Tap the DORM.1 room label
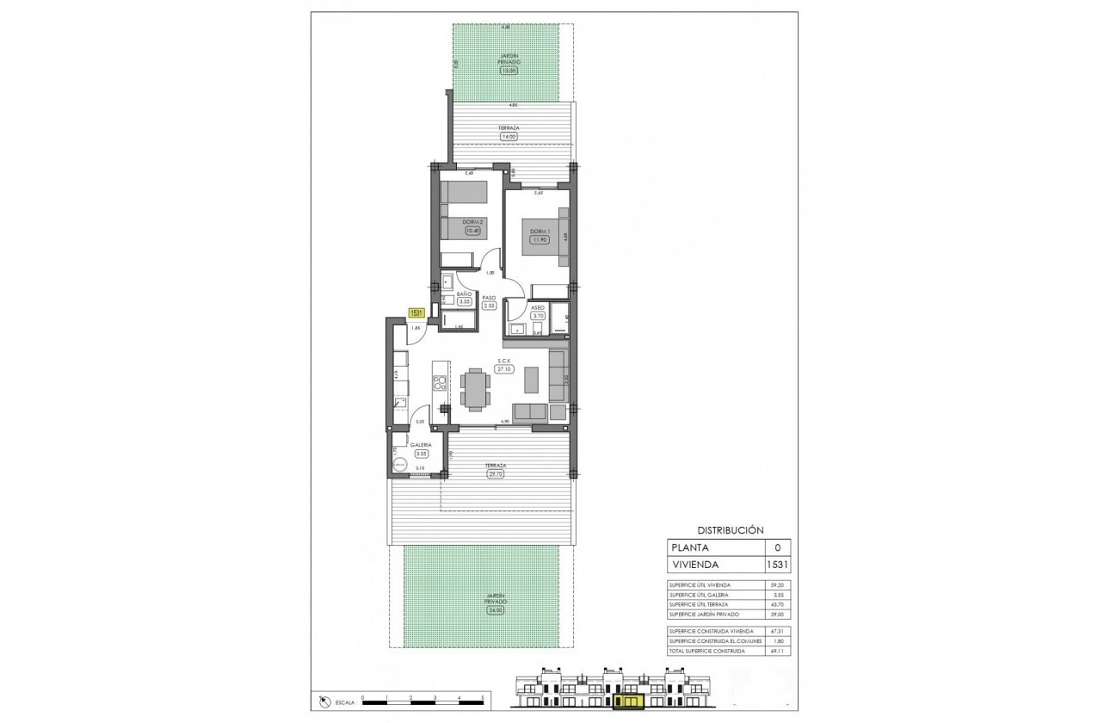point(539,232)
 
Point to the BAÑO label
point(464,294)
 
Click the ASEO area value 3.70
point(537,317)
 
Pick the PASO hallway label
point(489,298)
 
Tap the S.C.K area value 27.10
point(504,368)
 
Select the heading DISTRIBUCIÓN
point(730,531)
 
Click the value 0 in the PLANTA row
point(777,547)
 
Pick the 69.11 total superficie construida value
point(779,651)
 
